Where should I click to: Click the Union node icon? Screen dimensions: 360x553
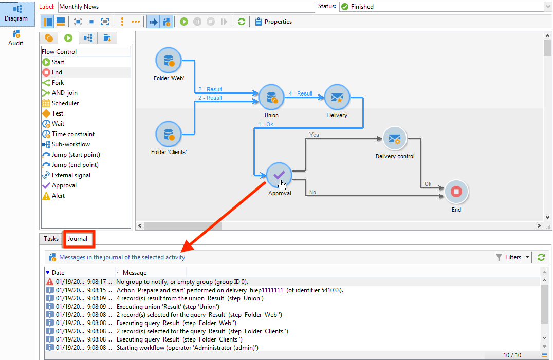coord(271,98)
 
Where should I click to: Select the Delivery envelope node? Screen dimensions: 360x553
coord(337,98)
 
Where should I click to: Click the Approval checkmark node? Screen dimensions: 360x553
coord(279,176)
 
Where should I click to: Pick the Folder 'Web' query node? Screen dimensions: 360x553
coord(169,61)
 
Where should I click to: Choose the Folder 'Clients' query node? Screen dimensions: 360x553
coord(169,135)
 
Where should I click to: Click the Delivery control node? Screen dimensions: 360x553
coord(395,139)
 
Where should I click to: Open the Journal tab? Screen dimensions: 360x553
coord(78,239)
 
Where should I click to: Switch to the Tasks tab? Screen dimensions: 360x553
coord(51,239)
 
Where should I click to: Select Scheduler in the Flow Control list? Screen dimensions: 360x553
coord(65,103)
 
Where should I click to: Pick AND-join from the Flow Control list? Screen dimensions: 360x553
coord(64,93)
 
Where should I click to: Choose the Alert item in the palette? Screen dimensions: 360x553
coord(58,196)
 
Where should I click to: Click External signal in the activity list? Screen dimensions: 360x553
coord(70,175)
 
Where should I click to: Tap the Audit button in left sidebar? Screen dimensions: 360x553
coord(15,37)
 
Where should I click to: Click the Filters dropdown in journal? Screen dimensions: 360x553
coord(512,257)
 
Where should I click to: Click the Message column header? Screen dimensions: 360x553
coord(135,273)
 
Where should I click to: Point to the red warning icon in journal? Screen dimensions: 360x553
coord(50,282)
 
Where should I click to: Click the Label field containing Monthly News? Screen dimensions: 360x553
coord(186,7)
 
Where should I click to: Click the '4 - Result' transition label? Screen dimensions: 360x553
coord(301,93)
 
